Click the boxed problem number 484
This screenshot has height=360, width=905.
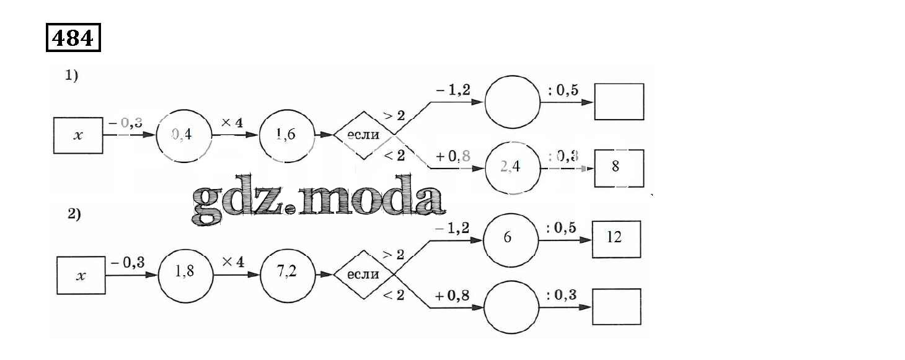(x=73, y=38)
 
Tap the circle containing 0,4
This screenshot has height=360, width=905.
(x=183, y=134)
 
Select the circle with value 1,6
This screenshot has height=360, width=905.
(x=286, y=134)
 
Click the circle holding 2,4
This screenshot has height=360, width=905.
(x=512, y=167)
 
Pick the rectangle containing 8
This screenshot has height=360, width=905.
(x=619, y=167)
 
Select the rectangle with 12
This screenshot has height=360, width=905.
(x=616, y=239)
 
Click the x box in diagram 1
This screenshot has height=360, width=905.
(x=77, y=135)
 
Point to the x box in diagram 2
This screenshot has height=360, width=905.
(x=81, y=276)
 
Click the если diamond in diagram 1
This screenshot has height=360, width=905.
(x=364, y=135)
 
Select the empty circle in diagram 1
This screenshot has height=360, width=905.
(x=512, y=103)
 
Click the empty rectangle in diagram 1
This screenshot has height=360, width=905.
(x=619, y=102)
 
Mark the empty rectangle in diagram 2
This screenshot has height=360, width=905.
(x=616, y=307)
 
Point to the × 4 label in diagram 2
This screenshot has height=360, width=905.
(x=233, y=262)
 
